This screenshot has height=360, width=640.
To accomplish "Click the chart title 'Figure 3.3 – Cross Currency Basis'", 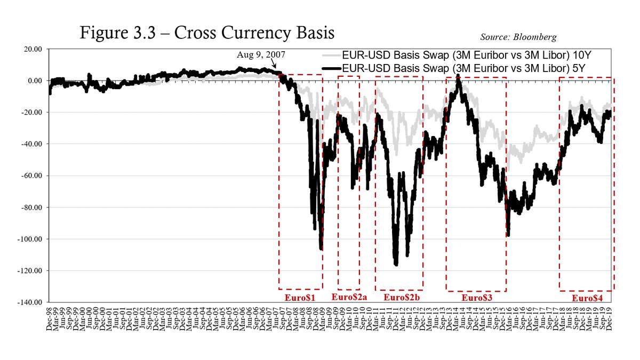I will pos(207,33).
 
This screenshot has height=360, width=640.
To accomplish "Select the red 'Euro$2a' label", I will pos(349,297).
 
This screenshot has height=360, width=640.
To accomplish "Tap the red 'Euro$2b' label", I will pos(399,297).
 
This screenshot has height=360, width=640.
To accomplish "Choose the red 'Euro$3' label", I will pos(476,298).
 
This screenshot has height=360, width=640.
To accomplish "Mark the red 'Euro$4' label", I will pos(587,298).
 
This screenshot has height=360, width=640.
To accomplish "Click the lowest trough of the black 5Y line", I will pos(396,265).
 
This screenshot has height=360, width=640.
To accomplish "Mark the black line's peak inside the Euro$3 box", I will pos(458,76).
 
